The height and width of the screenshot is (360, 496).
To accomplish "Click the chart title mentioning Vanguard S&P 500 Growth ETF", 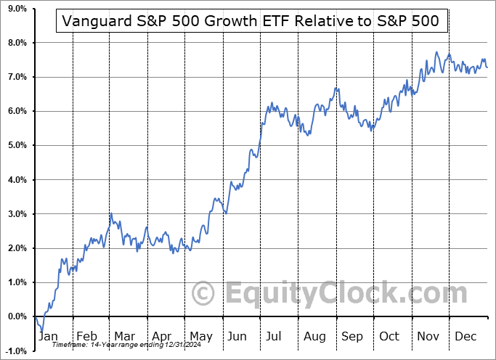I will pyautogui.click(x=251, y=21).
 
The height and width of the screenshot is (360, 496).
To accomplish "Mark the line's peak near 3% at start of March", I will pyautogui.click(x=110, y=213).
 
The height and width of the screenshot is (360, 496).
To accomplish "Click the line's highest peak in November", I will pyautogui.click(x=436, y=52).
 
